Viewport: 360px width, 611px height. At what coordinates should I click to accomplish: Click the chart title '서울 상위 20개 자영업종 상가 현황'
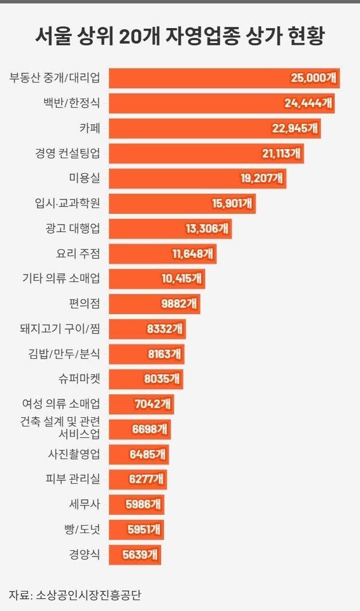(x=179, y=37)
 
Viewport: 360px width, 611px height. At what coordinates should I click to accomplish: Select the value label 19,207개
(x=261, y=178)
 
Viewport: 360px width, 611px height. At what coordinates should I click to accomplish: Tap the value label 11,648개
(x=194, y=253)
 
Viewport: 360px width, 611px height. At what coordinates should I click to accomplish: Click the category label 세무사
(x=84, y=504)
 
